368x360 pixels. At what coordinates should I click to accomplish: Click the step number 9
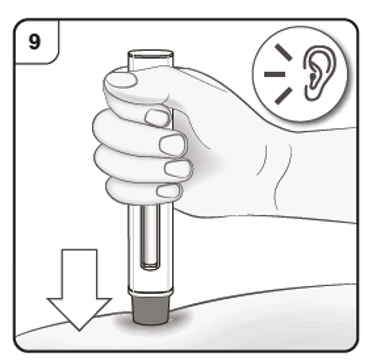tap(34, 42)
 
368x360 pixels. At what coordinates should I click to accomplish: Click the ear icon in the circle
tap(319, 73)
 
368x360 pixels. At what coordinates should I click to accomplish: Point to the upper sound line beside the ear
tap(283, 53)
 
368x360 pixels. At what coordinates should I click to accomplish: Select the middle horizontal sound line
tap(275, 74)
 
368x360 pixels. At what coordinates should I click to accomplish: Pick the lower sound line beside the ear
tap(283, 96)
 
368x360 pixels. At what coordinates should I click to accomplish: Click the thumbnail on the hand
tap(121, 80)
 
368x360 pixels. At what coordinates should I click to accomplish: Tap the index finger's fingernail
tap(157, 118)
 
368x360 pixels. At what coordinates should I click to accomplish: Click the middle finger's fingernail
tap(172, 145)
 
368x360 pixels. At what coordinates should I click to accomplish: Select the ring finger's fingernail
tap(178, 169)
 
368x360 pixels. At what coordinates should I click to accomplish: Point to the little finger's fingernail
tap(169, 191)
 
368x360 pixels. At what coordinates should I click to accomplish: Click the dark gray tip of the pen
tap(151, 310)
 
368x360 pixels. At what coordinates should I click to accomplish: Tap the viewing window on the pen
tap(150, 237)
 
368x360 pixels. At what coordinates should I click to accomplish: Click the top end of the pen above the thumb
tap(151, 59)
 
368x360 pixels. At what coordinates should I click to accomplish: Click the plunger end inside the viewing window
tap(150, 266)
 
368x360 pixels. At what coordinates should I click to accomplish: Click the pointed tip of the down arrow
tap(79, 331)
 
